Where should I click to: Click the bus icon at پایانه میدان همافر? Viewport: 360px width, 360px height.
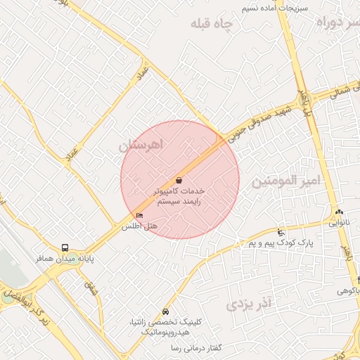65,247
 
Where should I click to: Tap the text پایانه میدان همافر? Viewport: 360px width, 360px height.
65,258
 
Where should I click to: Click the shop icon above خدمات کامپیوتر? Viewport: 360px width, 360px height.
179,180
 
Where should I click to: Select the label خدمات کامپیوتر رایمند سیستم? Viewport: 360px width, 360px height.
179,195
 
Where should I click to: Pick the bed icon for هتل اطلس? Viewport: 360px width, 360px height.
139,214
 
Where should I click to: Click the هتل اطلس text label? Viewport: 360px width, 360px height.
140,226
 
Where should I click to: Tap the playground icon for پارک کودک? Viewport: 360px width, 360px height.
281,232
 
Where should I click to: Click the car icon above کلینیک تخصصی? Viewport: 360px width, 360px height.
165,311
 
